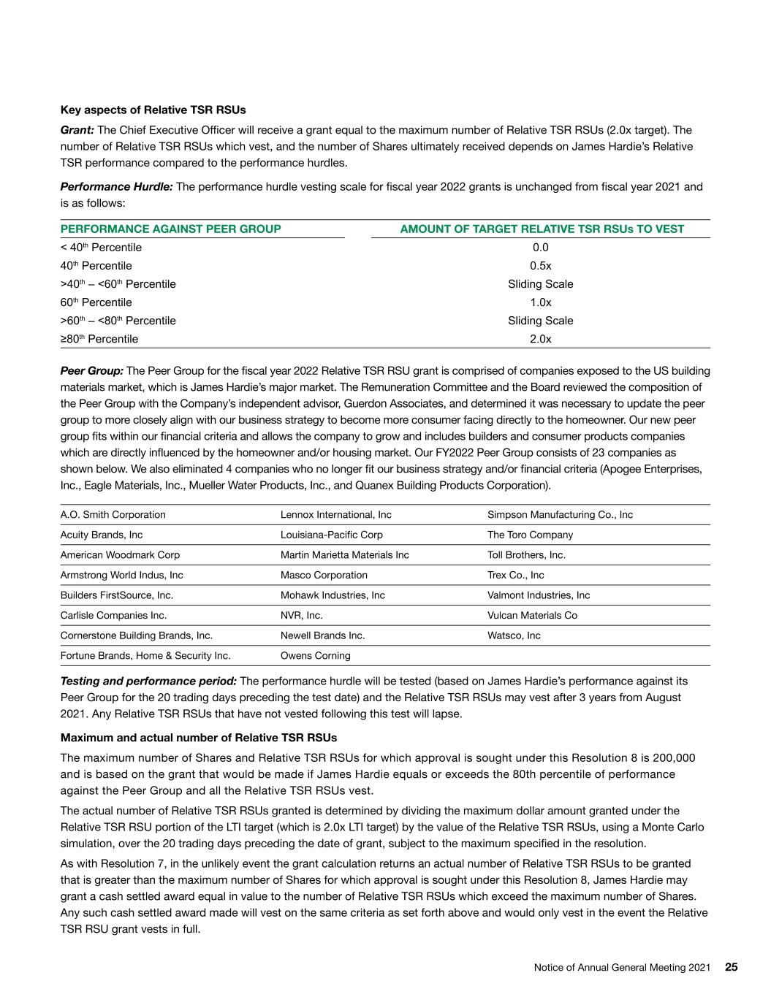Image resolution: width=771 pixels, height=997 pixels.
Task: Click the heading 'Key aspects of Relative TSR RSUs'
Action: (153, 110)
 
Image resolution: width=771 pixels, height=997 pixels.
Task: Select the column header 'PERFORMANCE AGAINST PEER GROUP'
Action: (170, 229)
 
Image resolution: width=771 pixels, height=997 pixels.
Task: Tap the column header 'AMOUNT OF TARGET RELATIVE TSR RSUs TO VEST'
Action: (542, 229)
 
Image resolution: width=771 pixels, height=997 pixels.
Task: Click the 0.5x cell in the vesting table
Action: (541, 266)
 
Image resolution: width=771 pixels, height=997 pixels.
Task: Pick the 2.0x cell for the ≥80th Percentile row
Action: (541, 339)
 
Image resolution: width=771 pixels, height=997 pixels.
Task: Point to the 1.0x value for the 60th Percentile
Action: (541, 302)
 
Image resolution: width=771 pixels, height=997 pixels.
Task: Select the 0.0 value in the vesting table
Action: (541, 248)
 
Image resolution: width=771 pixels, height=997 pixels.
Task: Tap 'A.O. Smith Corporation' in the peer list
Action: (113, 515)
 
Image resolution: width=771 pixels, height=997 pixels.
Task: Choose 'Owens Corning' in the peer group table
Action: (315, 656)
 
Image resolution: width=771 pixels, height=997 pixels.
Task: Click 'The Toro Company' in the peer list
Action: (530, 535)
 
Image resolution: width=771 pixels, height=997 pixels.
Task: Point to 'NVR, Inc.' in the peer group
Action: (301, 616)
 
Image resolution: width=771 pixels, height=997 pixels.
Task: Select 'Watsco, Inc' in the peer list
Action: (514, 635)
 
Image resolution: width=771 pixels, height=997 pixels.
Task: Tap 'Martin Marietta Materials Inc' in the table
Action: (344, 555)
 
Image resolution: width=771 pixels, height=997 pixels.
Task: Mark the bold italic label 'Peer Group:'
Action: (91, 371)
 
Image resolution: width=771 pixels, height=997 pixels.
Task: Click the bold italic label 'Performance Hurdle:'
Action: (116, 187)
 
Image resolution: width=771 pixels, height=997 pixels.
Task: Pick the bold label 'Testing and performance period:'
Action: (148, 681)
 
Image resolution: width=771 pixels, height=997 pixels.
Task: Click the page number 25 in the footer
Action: (731, 967)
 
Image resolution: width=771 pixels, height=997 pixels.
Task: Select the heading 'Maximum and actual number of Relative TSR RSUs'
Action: (198, 738)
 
